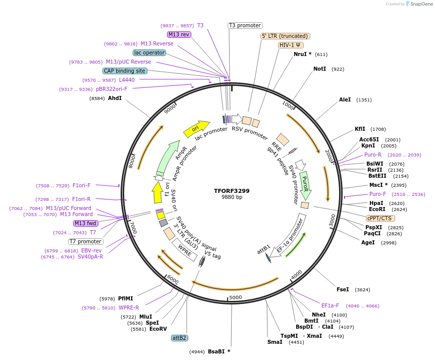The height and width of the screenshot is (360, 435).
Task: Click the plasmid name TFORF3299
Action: pyautogui.click(x=232, y=191)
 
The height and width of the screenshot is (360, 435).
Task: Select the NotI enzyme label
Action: pyautogui.click(x=319, y=69)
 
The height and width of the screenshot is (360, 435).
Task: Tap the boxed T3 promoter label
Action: pyautogui.click(x=245, y=25)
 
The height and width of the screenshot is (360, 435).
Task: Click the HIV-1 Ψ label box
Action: pyautogui.click(x=291, y=45)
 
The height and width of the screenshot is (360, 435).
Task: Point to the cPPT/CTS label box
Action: pyautogui.click(x=379, y=218)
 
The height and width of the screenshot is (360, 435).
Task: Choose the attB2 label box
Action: pyautogui.click(x=179, y=338)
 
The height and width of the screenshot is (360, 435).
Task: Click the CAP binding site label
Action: pyautogui.click(x=125, y=71)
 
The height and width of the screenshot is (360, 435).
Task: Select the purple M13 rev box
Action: pyautogui.click(x=179, y=34)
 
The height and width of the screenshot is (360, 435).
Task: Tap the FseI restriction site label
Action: pyautogui.click(x=343, y=289)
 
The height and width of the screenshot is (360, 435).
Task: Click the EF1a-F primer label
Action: pyautogui.click(x=330, y=305)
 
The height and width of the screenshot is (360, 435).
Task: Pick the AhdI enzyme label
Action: pyautogui.click(x=115, y=98)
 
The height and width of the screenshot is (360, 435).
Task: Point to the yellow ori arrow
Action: pyautogui.click(x=196, y=129)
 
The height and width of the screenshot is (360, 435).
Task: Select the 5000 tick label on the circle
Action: pyautogui.click(x=236, y=297)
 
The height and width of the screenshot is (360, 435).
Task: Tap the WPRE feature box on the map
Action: pyautogui.click(x=185, y=250)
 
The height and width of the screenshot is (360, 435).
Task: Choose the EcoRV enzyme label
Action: pyautogui.click(x=158, y=329)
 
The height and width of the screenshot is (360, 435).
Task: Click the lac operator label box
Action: pyautogui.click(x=149, y=53)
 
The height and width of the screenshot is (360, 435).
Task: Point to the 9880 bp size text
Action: pyautogui.click(x=232, y=197)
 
